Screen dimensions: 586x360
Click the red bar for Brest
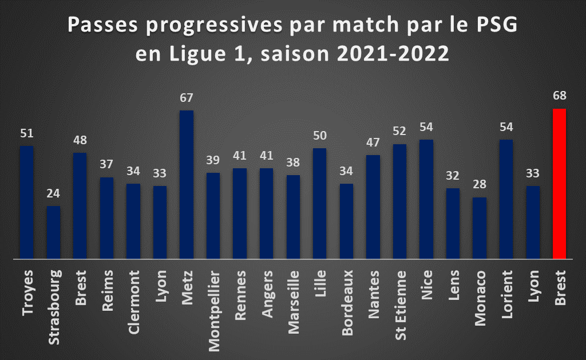[560, 184]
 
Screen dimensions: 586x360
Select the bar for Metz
[187, 184]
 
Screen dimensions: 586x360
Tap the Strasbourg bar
[53, 232]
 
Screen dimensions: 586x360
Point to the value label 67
[187, 97]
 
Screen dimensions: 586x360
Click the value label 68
[560, 96]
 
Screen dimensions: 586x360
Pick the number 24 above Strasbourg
[53, 193]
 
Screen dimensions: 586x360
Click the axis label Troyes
[27, 293]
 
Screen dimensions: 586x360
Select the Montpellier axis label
[214, 311]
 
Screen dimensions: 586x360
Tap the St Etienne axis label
[400, 306]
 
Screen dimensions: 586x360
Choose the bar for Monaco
[480, 228]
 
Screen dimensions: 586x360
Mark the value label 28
[480, 184]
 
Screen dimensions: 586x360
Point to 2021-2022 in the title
[393, 53]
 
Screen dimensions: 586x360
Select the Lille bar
[319, 203]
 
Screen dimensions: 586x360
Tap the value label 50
[319, 135]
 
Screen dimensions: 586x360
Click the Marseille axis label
[294, 302]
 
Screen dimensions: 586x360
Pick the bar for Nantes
[373, 207]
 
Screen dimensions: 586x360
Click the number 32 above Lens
[453, 175]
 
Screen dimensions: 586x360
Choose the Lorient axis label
[507, 295]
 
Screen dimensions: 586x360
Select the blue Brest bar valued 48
[80, 205]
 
